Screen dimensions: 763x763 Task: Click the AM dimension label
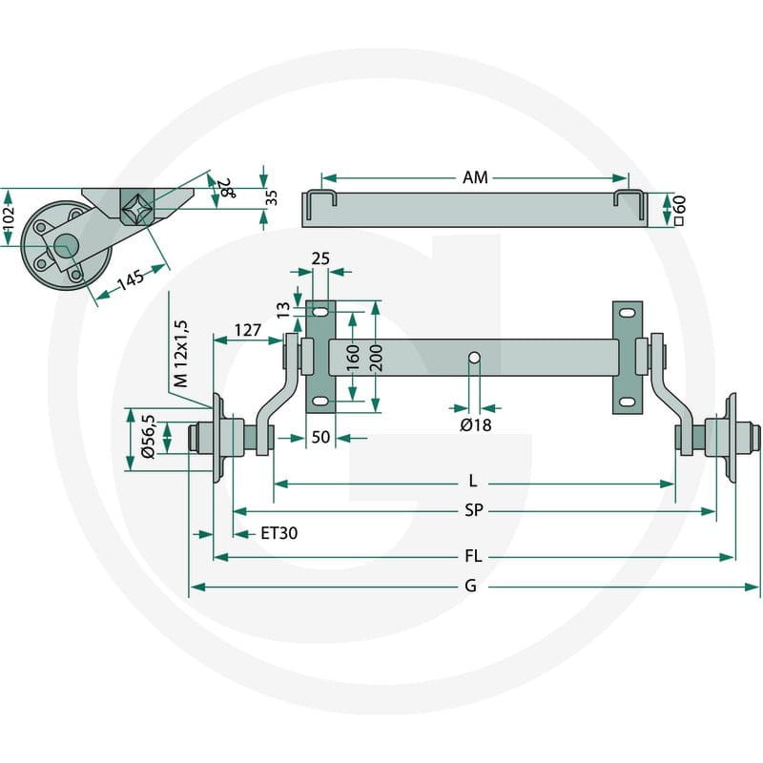click(474, 177)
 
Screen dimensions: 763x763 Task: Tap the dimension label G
click(470, 586)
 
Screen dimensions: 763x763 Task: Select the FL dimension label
click(473, 556)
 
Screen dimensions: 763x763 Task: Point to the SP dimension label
click(473, 510)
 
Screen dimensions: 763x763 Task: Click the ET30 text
click(278, 533)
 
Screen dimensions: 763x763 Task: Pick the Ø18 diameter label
click(475, 425)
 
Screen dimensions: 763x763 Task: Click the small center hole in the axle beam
click(474, 359)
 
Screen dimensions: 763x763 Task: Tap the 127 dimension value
click(248, 330)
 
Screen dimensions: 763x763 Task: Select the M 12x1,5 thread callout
click(180, 354)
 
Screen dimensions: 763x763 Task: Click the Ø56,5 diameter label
click(148, 437)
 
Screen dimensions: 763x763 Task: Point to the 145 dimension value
click(131, 280)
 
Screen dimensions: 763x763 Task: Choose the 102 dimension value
click(9, 218)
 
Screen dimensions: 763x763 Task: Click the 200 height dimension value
click(376, 358)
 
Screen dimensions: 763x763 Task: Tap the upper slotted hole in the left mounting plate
click(320, 312)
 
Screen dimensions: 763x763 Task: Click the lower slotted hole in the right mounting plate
click(628, 402)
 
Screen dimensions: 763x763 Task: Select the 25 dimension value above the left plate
click(320, 258)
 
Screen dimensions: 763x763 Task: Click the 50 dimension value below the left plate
click(320, 437)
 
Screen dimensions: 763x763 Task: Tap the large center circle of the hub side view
click(66, 246)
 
